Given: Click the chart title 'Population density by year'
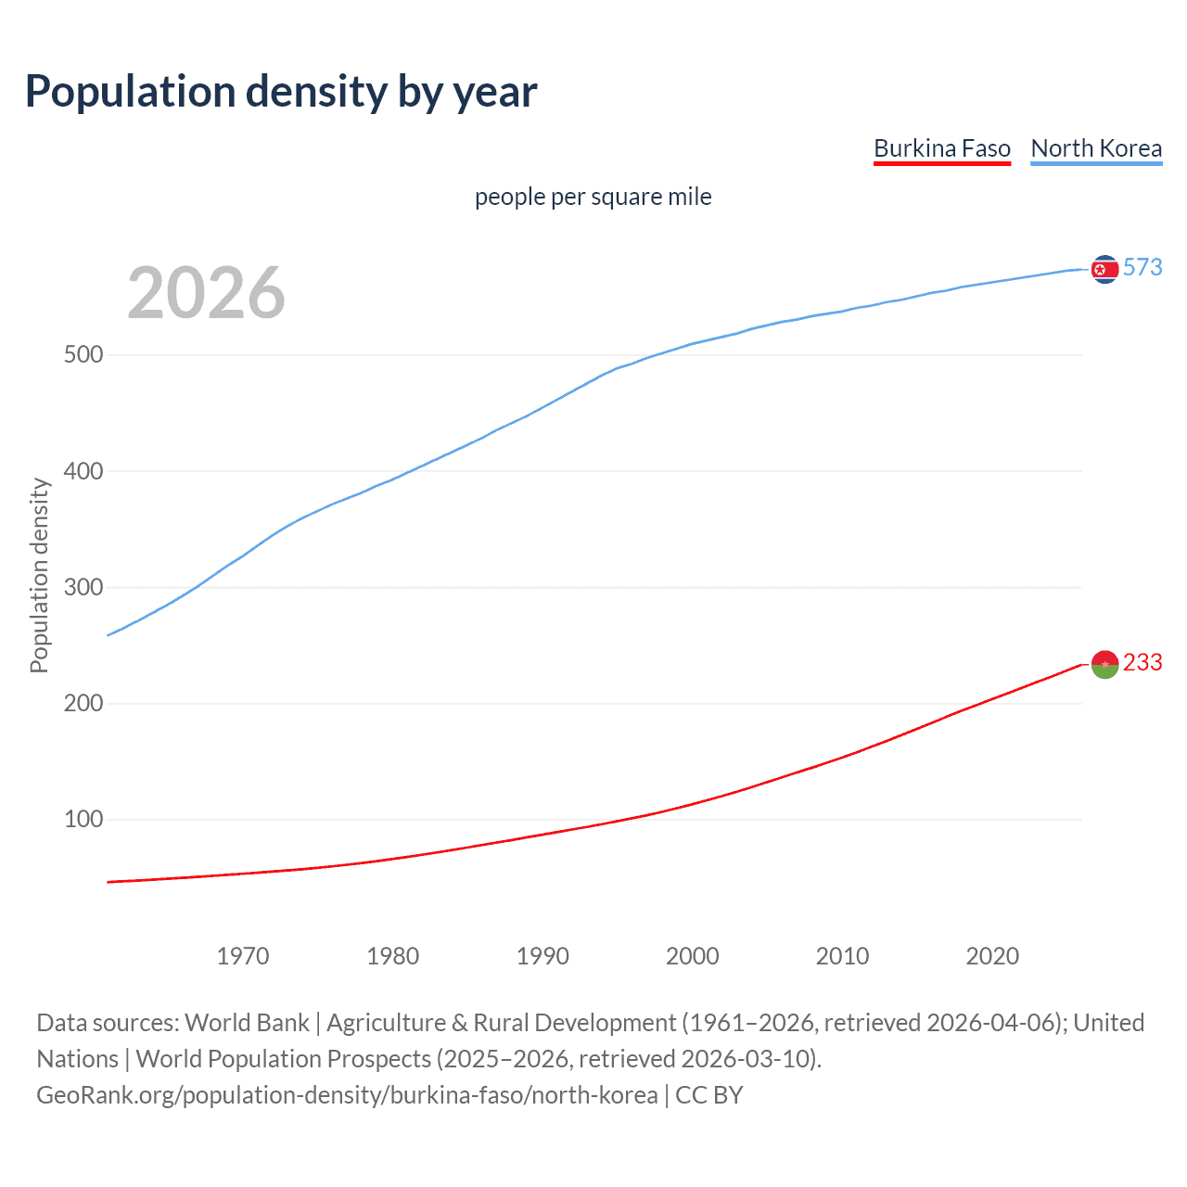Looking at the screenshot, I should point(281,92).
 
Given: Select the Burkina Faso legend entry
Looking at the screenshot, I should point(941,148).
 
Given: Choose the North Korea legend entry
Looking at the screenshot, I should point(1096,148).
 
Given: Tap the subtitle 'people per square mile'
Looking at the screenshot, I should point(593,197).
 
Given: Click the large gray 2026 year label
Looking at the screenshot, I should point(206,293).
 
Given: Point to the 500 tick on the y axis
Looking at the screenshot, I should point(83,355).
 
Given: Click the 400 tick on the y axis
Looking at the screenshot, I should point(83,471).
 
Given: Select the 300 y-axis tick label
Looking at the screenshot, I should point(83,587).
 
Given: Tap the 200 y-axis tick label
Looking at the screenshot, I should point(83,703).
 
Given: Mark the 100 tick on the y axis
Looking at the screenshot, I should point(83,820).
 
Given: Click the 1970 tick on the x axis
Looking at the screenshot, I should point(243,956).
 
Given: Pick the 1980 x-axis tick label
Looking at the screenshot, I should point(392,956).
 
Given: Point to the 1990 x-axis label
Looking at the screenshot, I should point(542,956).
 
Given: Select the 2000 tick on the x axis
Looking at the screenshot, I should point(693,956).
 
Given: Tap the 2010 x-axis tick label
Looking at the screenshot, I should point(842,956).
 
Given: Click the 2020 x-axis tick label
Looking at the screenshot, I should point(992,956).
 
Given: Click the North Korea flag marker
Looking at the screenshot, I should point(1104,269).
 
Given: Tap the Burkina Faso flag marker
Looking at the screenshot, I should point(1104,664).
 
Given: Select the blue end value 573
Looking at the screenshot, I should point(1142,268).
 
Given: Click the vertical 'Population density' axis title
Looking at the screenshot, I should point(39,575).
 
